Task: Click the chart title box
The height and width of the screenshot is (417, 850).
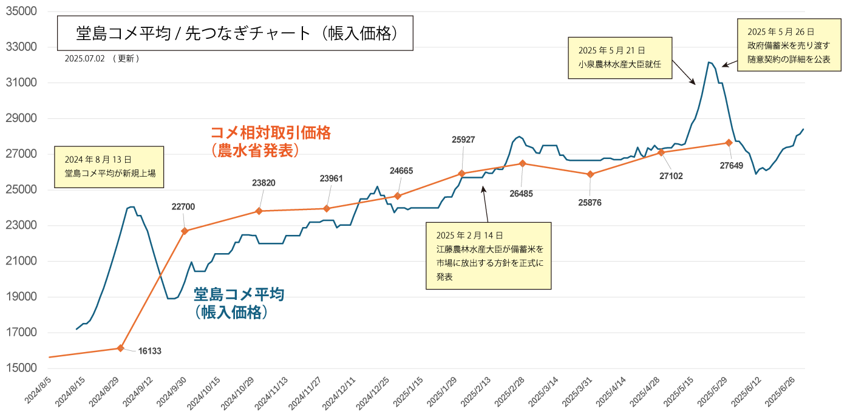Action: point(235,34)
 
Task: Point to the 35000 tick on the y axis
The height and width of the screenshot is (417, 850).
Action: point(21,12)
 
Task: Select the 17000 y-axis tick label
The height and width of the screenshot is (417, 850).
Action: point(21,333)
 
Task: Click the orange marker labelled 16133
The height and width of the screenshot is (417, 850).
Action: point(120,348)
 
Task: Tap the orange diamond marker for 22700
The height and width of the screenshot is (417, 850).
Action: point(185,231)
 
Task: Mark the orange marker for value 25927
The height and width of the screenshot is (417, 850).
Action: point(461,173)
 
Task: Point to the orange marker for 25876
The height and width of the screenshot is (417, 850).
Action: point(590,174)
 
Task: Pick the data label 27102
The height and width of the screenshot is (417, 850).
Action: point(670,176)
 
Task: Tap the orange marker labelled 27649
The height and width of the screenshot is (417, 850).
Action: point(729,143)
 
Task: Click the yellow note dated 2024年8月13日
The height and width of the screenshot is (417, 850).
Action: point(109,166)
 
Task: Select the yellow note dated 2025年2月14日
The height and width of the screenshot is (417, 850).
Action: point(488,256)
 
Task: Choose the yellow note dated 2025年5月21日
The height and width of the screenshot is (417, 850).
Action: point(620,58)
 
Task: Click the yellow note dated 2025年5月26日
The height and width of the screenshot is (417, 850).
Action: point(788,45)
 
